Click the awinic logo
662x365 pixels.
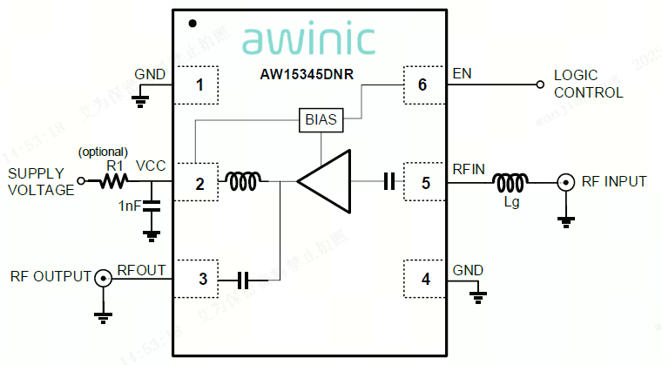(x=308, y=39)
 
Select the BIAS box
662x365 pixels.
(x=321, y=119)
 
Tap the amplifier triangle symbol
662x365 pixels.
(x=323, y=181)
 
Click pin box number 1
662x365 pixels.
(x=200, y=85)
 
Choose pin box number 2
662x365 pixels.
(x=200, y=183)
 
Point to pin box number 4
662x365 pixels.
(x=425, y=280)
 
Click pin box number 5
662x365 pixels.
(x=425, y=183)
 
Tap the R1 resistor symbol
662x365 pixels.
(x=114, y=181)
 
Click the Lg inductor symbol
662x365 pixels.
(x=509, y=182)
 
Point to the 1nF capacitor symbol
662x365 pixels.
(x=152, y=206)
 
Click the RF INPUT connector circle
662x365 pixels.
(x=565, y=182)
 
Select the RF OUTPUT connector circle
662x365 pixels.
(x=103, y=279)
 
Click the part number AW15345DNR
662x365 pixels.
(x=308, y=75)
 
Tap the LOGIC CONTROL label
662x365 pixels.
(x=588, y=84)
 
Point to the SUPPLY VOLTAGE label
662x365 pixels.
(x=41, y=182)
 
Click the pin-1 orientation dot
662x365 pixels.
(x=192, y=24)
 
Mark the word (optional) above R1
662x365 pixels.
(x=103, y=152)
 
